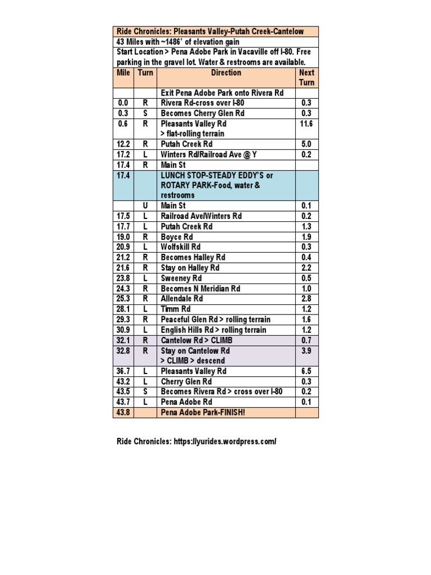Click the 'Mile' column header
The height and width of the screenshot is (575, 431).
tap(123, 73)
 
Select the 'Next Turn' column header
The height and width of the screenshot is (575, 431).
tap(307, 77)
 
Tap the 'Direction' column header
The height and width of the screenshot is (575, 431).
tap(226, 73)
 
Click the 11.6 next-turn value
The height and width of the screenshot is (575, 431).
tap(306, 124)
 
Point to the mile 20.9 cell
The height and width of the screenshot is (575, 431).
tap(123, 247)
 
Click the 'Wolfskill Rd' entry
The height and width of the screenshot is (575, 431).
tap(180, 247)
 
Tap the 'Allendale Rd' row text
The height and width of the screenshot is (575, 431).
tap(181, 299)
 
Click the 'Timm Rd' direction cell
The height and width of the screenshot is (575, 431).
tap(176, 309)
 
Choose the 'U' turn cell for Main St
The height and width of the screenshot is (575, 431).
tap(145, 206)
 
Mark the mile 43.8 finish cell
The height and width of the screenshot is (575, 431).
tap(123, 413)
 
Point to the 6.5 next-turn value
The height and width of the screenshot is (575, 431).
tap(306, 371)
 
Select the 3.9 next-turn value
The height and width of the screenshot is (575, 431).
tap(306, 350)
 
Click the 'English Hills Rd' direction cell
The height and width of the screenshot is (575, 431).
tap(213, 330)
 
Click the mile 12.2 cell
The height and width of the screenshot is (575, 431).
tap(123, 144)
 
